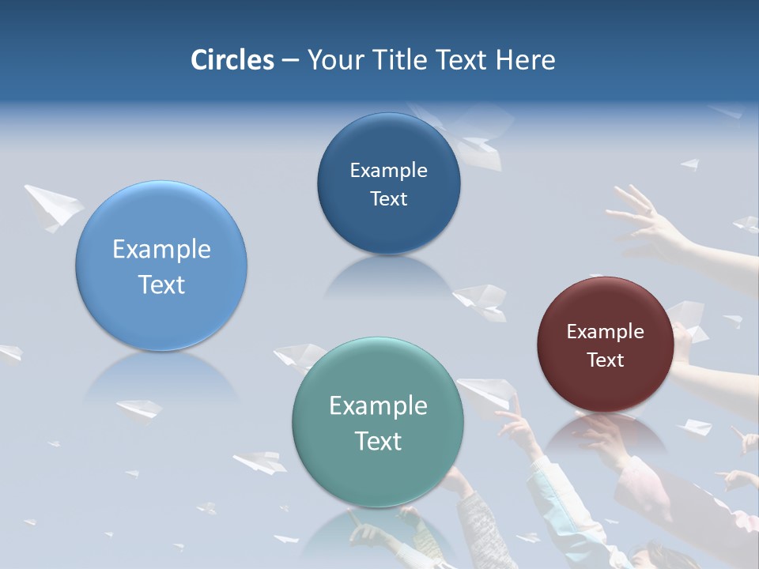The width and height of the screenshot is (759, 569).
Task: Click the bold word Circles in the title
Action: coord(232,60)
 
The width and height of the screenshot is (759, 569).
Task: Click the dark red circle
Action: coord(605,345)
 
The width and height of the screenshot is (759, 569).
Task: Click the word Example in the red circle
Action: coord(605,332)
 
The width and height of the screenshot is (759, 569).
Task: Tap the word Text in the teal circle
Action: coord(378,441)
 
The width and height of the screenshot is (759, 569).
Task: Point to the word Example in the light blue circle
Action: coord(161,250)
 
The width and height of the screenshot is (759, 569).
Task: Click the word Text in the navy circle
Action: coord(388,198)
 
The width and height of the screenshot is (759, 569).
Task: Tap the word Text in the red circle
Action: coord(605,360)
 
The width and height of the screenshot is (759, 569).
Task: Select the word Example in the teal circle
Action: coord(378,406)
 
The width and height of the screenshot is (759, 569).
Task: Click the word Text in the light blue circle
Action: coord(161,284)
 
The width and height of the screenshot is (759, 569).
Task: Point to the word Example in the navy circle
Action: coord(388,171)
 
